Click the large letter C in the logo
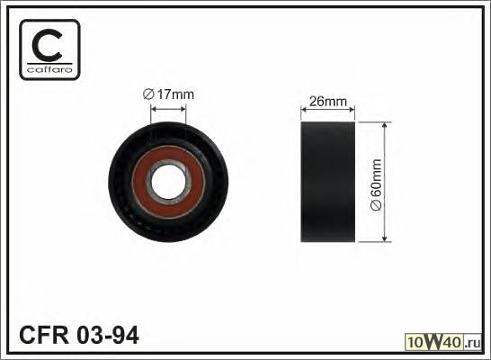(47, 45)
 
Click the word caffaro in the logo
(49, 69)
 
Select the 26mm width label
(328, 101)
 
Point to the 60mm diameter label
(376, 184)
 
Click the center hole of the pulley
(168, 183)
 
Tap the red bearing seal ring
(168, 183)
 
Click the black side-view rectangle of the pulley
(328, 182)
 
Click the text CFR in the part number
(44, 335)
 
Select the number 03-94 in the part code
(108, 335)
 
